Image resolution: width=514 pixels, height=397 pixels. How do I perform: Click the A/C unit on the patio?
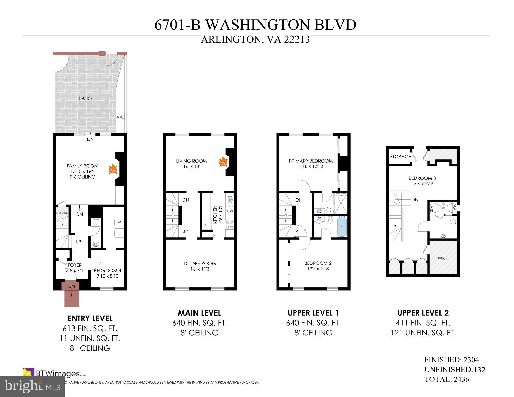click(120, 117)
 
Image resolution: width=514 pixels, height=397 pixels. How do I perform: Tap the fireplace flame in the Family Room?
click(113, 169)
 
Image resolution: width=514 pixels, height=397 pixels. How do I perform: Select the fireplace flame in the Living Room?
click(223, 162)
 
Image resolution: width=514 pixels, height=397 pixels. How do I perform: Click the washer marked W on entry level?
click(119, 222)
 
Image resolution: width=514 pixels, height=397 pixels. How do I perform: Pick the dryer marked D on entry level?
click(119, 233)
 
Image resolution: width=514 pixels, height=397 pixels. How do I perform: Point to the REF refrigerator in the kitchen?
click(206, 225)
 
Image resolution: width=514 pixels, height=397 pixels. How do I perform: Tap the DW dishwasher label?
click(230, 211)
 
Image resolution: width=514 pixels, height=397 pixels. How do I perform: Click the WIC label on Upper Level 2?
click(442, 258)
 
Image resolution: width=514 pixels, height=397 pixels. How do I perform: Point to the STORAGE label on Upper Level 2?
click(400, 157)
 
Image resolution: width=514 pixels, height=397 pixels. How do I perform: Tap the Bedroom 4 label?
click(107, 271)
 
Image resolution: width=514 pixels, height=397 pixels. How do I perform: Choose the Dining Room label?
click(200, 263)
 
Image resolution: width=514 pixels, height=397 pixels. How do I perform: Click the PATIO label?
click(85, 98)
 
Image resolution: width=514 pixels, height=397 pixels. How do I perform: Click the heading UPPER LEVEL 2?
click(423, 313)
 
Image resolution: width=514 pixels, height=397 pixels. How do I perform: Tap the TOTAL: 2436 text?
click(446, 379)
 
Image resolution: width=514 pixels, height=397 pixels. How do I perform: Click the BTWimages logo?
click(54, 373)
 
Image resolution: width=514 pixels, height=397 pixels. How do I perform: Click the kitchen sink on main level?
click(230, 199)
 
